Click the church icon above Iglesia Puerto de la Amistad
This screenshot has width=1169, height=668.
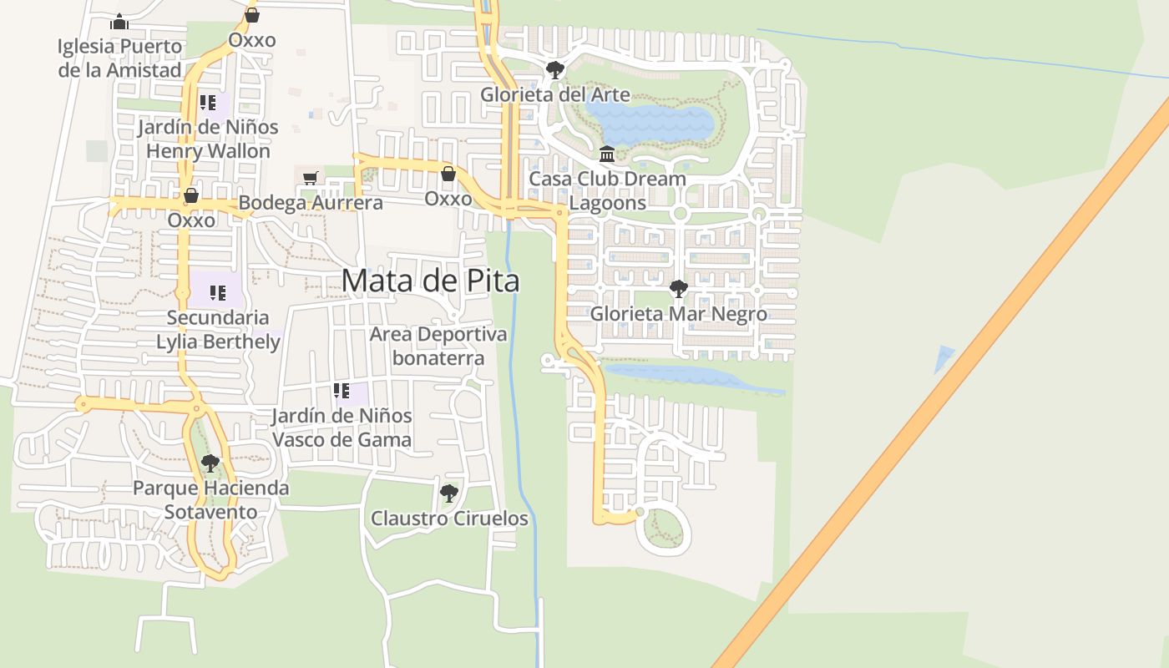(119, 22)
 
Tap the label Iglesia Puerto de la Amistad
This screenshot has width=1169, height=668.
(119, 58)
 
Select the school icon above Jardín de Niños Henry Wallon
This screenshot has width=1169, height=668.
(207, 103)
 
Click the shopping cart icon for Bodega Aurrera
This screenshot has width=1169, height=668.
(310, 178)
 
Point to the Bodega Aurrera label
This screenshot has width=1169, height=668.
(311, 202)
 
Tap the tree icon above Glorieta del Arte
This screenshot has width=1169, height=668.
(554, 70)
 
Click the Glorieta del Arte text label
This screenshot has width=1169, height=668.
(554, 94)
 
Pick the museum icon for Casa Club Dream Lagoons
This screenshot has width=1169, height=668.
(607, 154)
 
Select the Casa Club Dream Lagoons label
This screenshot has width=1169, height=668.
(607, 190)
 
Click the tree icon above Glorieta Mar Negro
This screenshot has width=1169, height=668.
(679, 290)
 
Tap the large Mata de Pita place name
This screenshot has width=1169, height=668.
(430, 281)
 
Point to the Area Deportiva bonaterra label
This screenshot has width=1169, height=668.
(438, 346)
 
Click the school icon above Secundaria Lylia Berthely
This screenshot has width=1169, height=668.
(217, 293)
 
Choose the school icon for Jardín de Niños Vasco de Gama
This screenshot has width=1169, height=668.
(341, 390)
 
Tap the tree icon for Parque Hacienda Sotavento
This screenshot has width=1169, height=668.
(210, 463)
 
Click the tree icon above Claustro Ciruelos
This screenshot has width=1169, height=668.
(449, 493)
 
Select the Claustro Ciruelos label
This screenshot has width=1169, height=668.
(449, 519)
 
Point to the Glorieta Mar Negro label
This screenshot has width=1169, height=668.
(678, 314)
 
